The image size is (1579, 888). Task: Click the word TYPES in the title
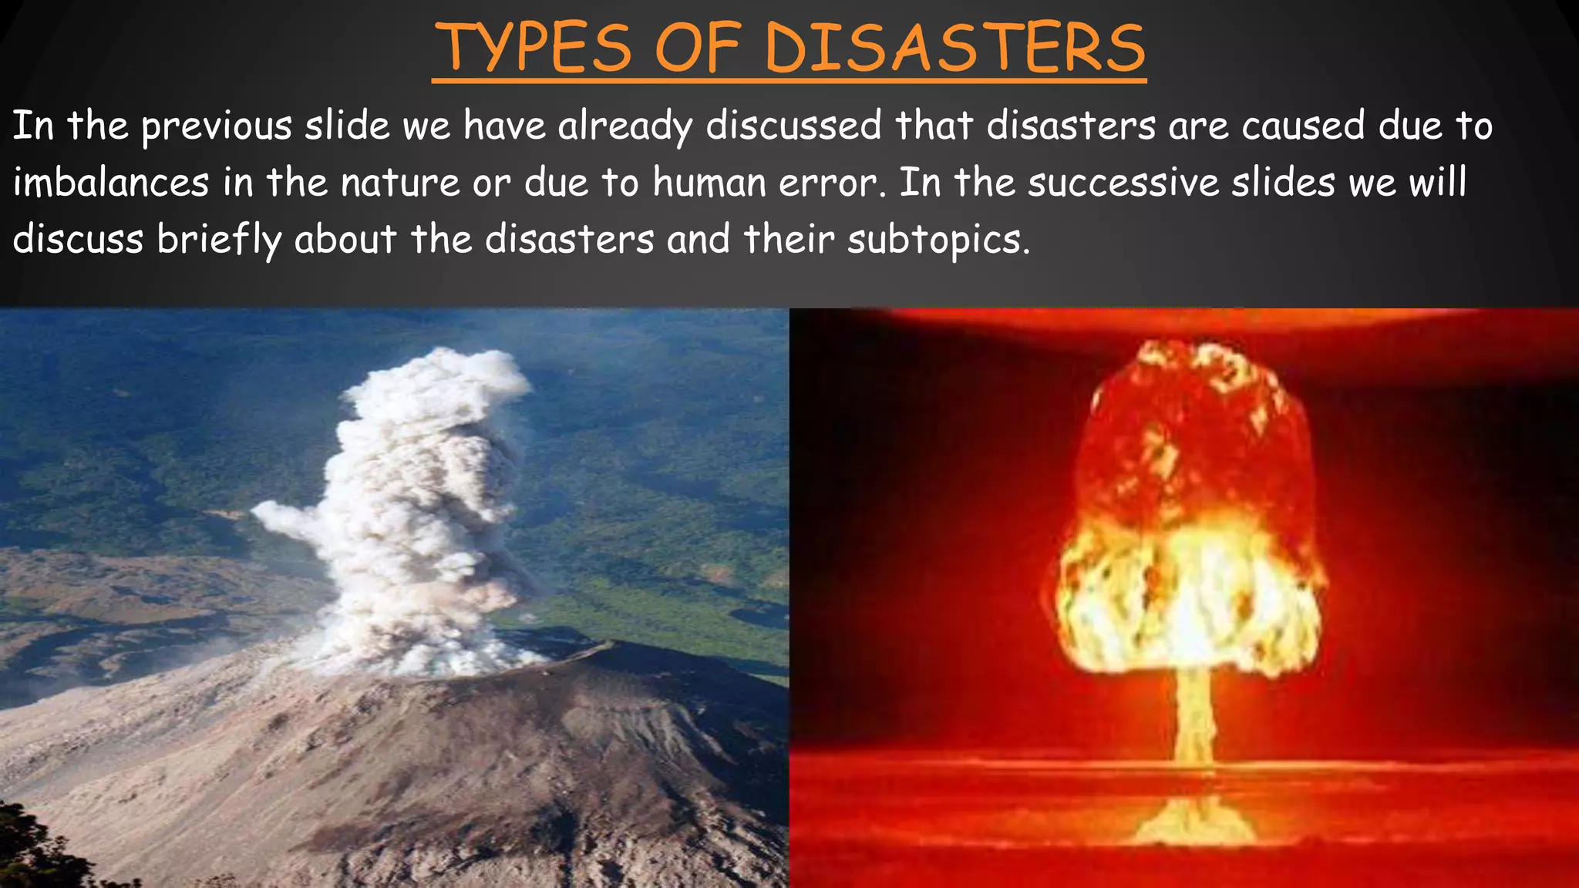(x=537, y=48)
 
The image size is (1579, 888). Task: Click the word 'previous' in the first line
(x=217, y=126)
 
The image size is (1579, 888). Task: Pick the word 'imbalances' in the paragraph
(x=111, y=183)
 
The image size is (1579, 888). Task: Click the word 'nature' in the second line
(x=400, y=183)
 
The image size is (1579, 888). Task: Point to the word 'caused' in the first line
(x=1303, y=126)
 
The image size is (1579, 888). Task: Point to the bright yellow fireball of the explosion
(x=1191, y=601)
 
